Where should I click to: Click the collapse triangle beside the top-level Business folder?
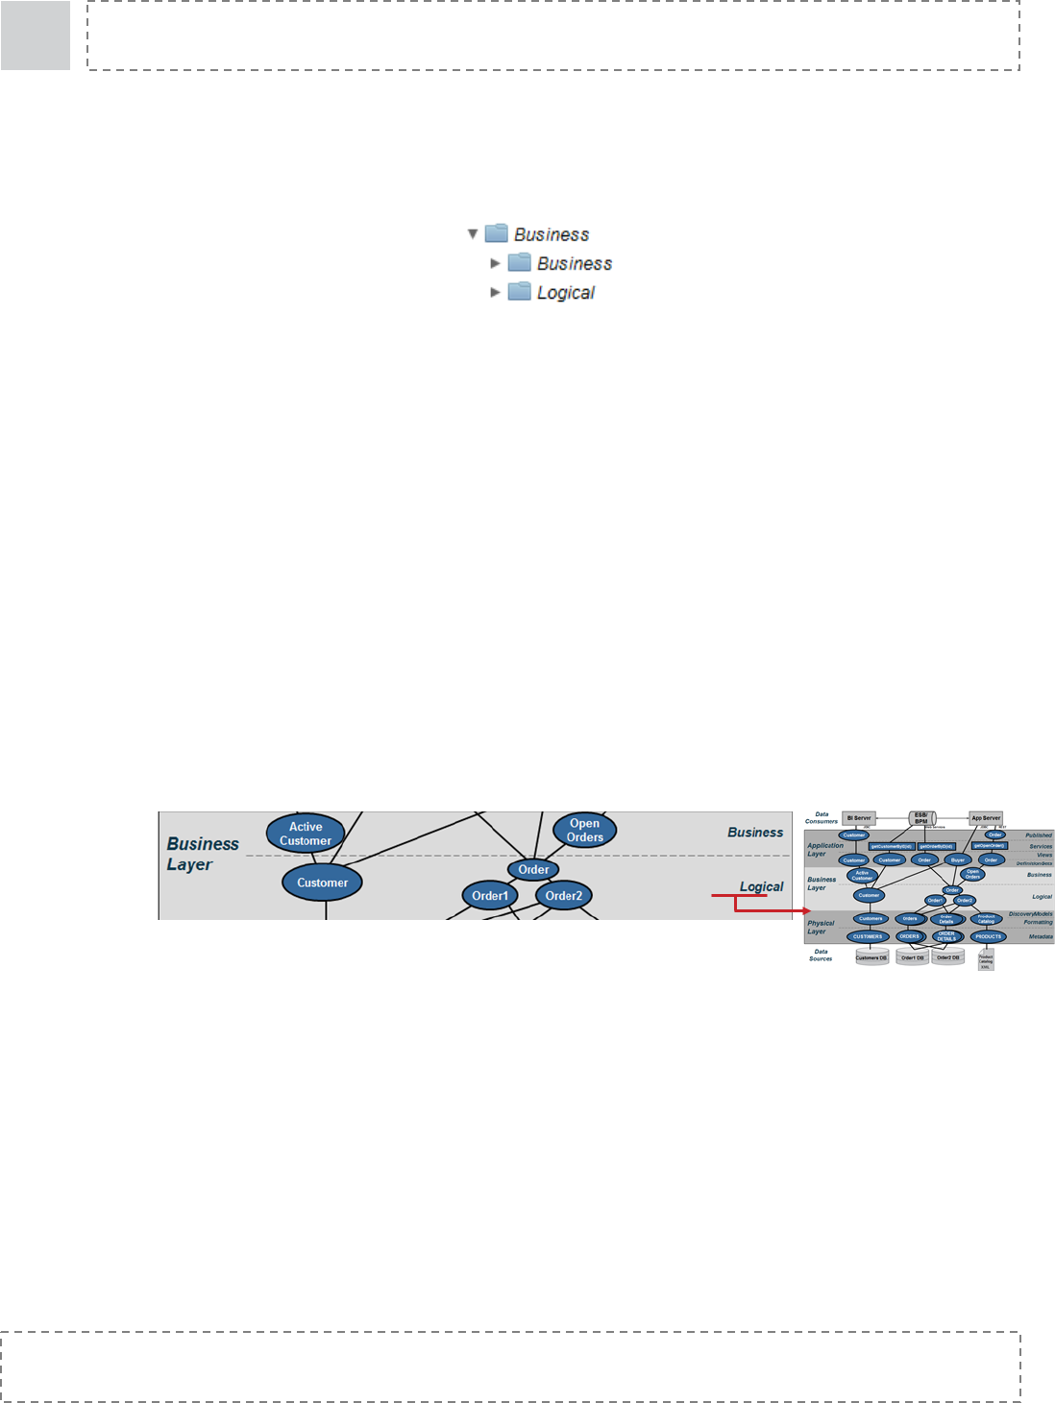tap(473, 233)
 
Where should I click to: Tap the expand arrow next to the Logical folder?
tap(496, 292)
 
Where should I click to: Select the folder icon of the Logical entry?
tap(520, 291)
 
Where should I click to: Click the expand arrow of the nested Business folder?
tap(496, 262)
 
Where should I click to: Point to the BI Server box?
tap(859, 818)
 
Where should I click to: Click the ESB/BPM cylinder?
tap(921, 818)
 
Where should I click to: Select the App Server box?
tap(986, 818)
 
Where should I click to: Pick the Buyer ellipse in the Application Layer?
tap(957, 859)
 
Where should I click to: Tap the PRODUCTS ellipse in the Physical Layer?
tap(988, 936)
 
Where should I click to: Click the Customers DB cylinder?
tap(871, 957)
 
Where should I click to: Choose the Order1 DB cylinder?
tap(912, 957)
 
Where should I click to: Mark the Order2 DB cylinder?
tap(948, 957)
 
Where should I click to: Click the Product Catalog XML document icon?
tap(986, 961)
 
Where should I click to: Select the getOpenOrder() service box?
tap(990, 846)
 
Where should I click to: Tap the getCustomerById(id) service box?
tap(891, 846)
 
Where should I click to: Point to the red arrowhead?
tap(808, 910)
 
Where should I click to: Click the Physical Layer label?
tap(821, 927)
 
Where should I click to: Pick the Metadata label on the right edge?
tap(1041, 936)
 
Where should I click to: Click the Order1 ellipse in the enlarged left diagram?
tap(490, 896)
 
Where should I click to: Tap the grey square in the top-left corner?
tap(36, 36)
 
